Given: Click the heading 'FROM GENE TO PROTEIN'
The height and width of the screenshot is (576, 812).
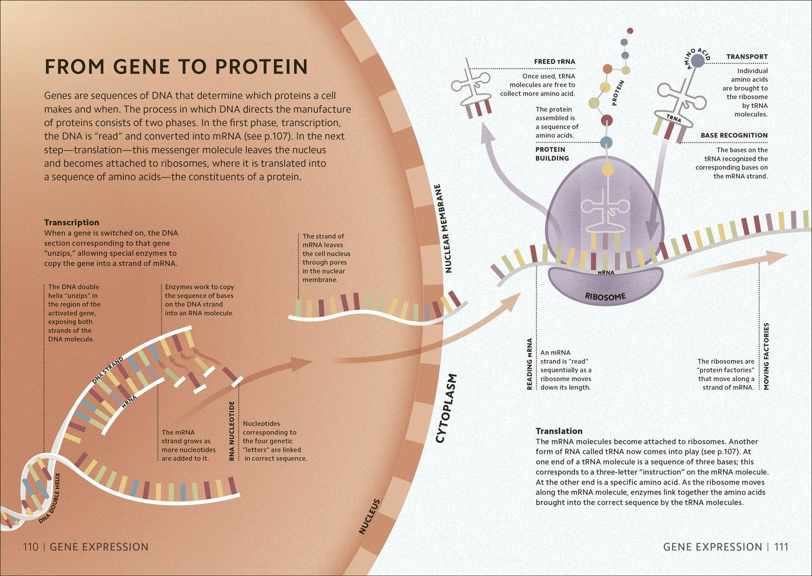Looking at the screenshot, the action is (x=176, y=67).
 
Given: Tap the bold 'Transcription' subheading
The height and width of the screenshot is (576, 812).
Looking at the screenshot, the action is (x=71, y=222).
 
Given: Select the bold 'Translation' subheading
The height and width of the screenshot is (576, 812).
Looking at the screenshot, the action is (x=559, y=431).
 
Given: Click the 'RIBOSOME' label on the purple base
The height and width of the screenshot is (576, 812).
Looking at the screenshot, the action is (x=605, y=297).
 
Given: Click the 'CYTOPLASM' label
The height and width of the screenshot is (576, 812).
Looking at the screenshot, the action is (x=446, y=408).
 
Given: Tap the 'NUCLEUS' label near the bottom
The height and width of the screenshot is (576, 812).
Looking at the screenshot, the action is (x=369, y=516).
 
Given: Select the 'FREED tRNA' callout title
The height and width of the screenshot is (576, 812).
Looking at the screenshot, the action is (x=554, y=62).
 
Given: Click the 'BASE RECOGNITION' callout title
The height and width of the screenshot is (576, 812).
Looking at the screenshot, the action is (x=734, y=135).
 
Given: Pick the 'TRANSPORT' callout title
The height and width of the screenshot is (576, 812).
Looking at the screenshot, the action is (x=747, y=57).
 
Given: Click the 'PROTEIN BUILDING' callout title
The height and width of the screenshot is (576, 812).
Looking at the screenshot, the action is (x=552, y=154).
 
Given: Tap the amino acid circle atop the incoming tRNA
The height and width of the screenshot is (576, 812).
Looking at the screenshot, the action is (x=697, y=61).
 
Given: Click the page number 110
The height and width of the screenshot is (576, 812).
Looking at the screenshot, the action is (x=30, y=547).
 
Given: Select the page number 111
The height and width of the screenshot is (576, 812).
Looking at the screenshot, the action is (x=781, y=547).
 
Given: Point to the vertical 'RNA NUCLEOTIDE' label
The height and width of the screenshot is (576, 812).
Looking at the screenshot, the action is (x=232, y=431).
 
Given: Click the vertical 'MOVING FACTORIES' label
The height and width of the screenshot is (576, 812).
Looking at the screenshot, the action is (x=766, y=356).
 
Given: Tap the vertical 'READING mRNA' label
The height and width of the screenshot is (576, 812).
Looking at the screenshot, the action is (x=529, y=364).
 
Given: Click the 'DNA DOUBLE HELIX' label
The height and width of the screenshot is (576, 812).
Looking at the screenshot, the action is (x=49, y=499).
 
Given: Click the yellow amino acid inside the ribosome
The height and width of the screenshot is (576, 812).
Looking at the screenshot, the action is (x=608, y=169).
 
